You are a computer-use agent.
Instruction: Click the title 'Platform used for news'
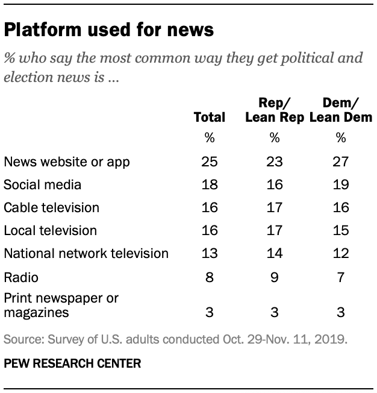point(109,30)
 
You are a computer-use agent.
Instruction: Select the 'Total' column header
point(209,117)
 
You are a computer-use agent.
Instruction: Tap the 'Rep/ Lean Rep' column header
point(274,110)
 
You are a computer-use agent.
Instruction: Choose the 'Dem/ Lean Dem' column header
point(340,110)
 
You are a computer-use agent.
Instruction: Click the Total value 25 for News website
point(209,162)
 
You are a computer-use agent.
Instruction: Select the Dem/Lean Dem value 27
point(341,162)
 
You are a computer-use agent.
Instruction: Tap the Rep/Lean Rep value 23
point(275,162)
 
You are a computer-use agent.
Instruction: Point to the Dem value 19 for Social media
point(341,184)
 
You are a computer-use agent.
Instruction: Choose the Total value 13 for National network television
point(209,253)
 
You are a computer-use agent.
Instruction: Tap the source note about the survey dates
point(175,339)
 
